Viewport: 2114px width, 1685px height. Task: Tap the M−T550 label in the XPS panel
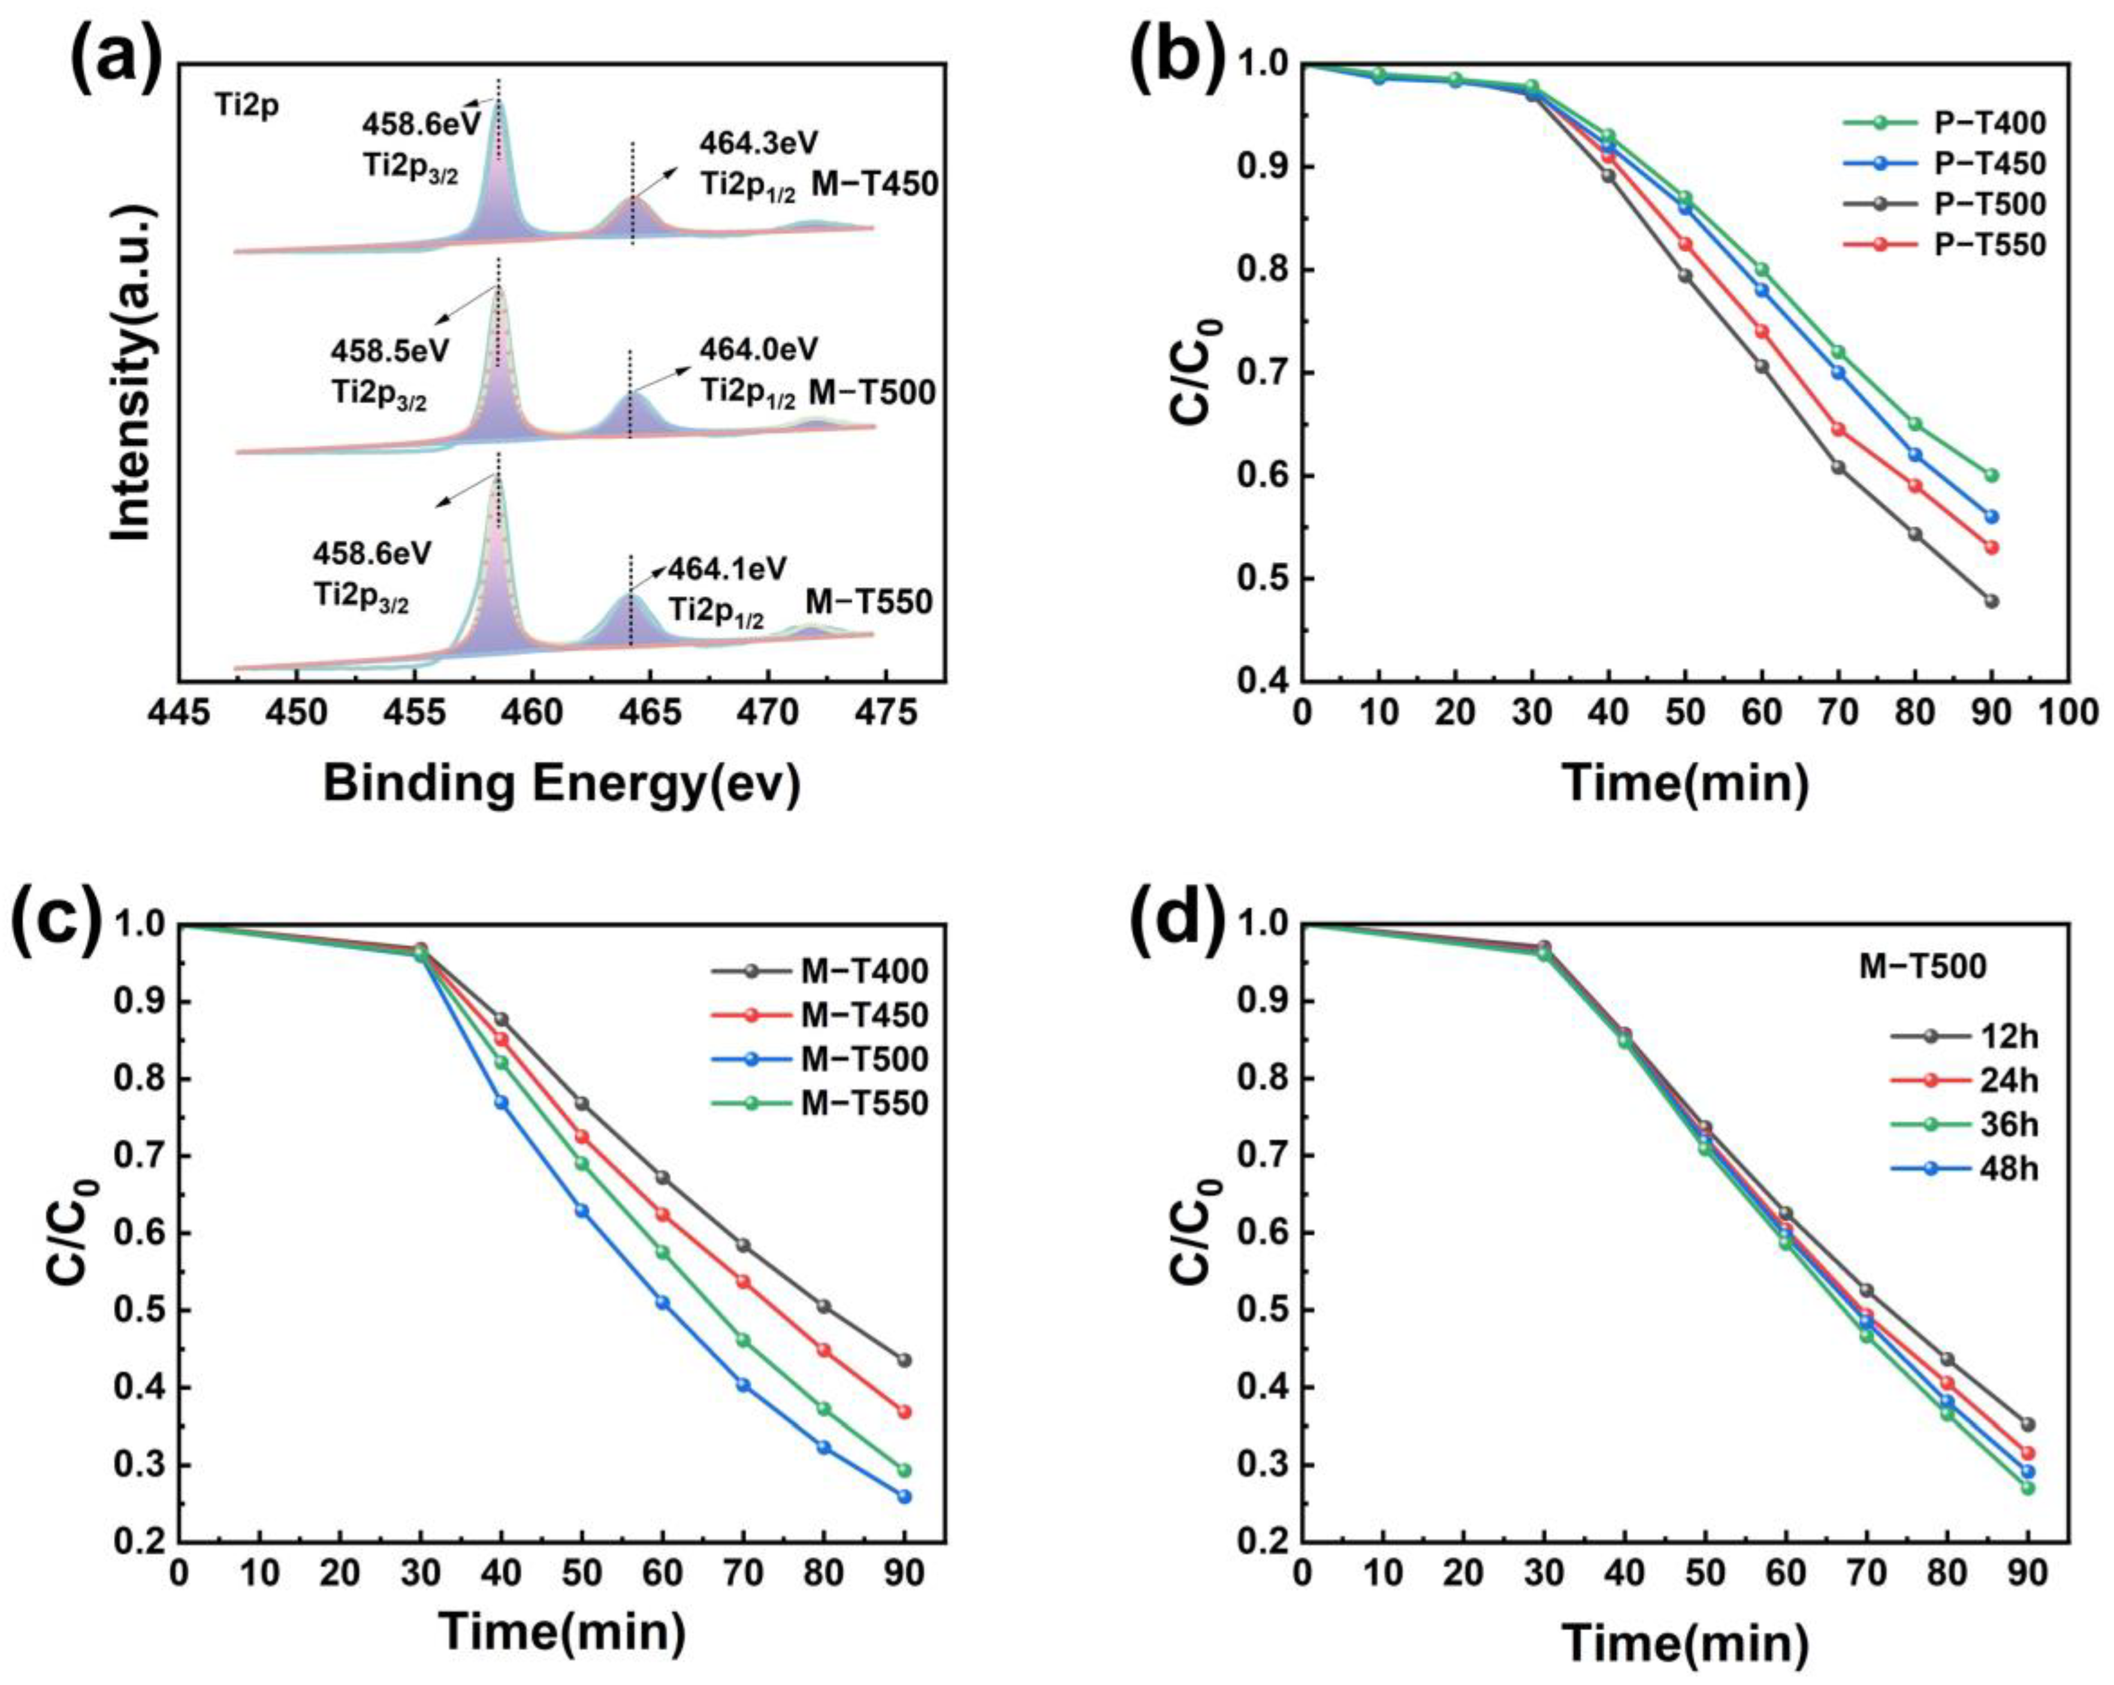click(869, 601)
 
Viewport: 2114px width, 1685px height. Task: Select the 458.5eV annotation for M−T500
click(389, 350)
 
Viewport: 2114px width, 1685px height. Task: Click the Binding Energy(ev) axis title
click(562, 784)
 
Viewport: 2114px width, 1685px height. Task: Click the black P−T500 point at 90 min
click(1991, 601)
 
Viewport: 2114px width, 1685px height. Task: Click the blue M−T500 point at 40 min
click(501, 1103)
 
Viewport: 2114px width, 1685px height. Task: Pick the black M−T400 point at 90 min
click(904, 1360)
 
